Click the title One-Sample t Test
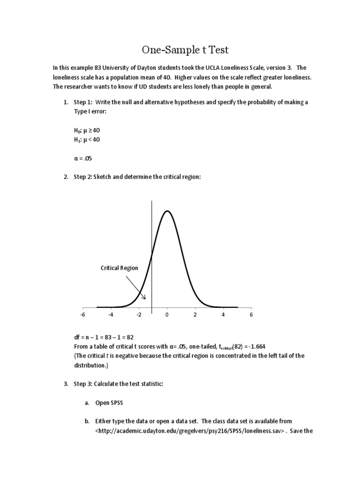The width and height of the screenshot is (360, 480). point(180,50)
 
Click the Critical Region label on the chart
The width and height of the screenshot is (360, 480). point(120,268)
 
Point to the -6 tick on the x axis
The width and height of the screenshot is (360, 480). point(82,315)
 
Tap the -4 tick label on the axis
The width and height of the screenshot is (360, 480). point(111,315)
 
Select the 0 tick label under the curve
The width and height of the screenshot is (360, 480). point(167,315)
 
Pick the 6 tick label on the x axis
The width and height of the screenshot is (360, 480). point(251,315)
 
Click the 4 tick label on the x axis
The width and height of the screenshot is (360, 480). point(223,315)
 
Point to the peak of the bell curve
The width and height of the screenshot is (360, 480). point(167,211)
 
